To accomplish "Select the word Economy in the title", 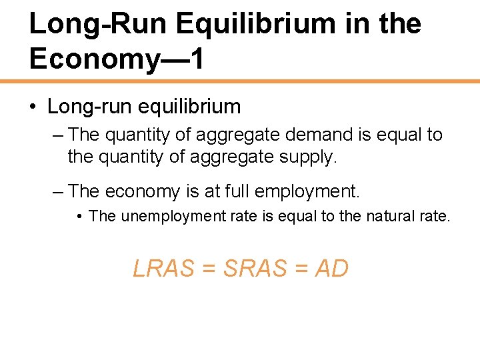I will pyautogui.click(x=92, y=59).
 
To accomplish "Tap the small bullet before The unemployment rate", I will pyautogui.click(x=79, y=216).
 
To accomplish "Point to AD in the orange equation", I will pyautogui.click(x=331, y=268).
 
